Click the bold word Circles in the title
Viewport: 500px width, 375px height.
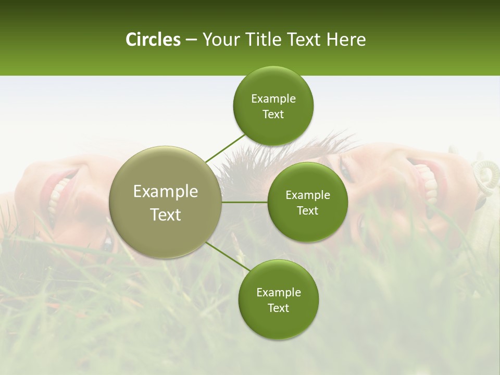pyautogui.click(x=153, y=40)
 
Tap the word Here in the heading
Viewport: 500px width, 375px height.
pyautogui.click(x=346, y=40)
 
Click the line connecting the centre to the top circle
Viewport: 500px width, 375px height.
pyautogui.click(x=225, y=148)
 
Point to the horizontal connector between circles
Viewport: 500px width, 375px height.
pyautogui.click(x=244, y=202)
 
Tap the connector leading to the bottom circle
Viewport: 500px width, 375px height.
pyautogui.click(x=227, y=256)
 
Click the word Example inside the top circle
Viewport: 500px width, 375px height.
pyautogui.click(x=273, y=99)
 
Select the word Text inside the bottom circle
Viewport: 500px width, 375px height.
pyautogui.click(x=278, y=308)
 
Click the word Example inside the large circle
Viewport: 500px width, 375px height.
pyautogui.click(x=166, y=192)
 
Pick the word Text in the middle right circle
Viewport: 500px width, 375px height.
pyautogui.click(x=307, y=210)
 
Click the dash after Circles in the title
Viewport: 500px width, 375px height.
pyautogui.click(x=191, y=40)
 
